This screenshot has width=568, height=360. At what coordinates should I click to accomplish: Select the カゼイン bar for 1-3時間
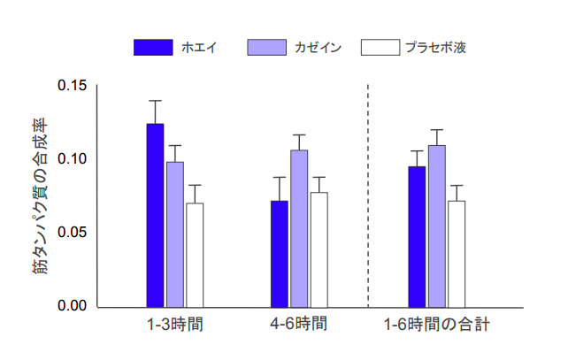pos(175,234)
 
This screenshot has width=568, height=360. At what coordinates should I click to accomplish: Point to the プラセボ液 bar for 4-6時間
pos(319,249)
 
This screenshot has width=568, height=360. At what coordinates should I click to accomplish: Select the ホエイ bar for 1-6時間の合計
pos(417,236)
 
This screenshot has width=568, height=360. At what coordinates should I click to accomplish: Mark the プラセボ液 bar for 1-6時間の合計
pos(457,254)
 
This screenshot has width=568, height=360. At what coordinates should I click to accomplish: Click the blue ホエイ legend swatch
pos(153,47)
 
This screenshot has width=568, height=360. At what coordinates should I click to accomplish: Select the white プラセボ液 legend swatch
pos(380,47)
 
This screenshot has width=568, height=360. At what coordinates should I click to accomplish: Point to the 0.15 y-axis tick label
pos(73,86)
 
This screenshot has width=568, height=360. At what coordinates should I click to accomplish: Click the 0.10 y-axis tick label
pos(73,159)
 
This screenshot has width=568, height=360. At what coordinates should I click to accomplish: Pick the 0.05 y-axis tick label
pos(73,233)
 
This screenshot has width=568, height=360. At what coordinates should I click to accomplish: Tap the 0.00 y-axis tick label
pos(73,307)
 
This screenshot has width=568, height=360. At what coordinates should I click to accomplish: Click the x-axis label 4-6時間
pos(299,325)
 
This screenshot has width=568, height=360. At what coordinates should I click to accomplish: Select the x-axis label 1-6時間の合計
pos(436,325)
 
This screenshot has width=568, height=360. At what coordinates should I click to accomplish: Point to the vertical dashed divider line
pos(368,195)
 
